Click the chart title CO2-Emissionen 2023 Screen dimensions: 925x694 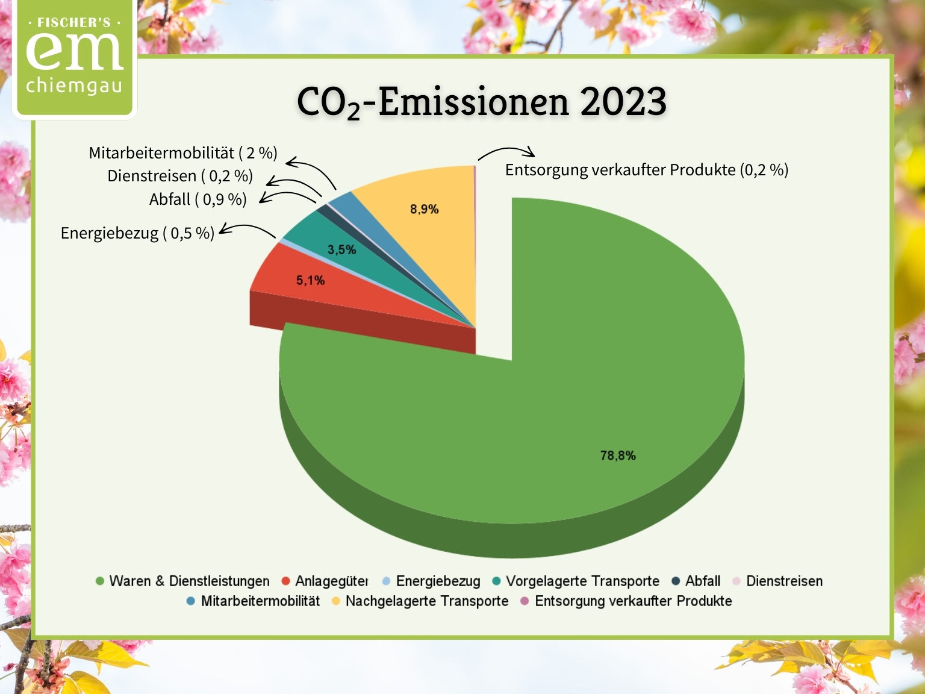tap(482, 102)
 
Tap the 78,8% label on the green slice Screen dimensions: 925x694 tap(618, 455)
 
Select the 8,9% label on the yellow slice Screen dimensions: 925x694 tap(425, 209)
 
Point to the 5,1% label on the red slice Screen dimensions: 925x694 tap(310, 281)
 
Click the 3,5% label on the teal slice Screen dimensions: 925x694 tap(342, 250)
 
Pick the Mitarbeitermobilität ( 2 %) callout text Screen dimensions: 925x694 tap(183, 153)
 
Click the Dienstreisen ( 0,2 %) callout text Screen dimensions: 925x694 tap(180, 176)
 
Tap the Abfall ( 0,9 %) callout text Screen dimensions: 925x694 tap(198, 199)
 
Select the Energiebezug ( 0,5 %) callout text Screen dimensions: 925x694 tap(137, 233)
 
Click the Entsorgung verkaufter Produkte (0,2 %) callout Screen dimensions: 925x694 tap(646, 170)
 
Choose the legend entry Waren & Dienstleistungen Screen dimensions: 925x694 tap(182, 581)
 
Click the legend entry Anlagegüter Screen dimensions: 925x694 tap(325, 581)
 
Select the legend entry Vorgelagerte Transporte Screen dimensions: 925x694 tap(576, 581)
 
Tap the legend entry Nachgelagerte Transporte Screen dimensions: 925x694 tap(420, 601)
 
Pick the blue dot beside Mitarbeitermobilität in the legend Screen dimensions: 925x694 tap(191, 601)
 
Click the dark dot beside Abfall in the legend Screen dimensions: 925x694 tap(676, 581)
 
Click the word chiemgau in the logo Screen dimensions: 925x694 tap(74, 86)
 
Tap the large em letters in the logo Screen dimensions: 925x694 tap(75, 51)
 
